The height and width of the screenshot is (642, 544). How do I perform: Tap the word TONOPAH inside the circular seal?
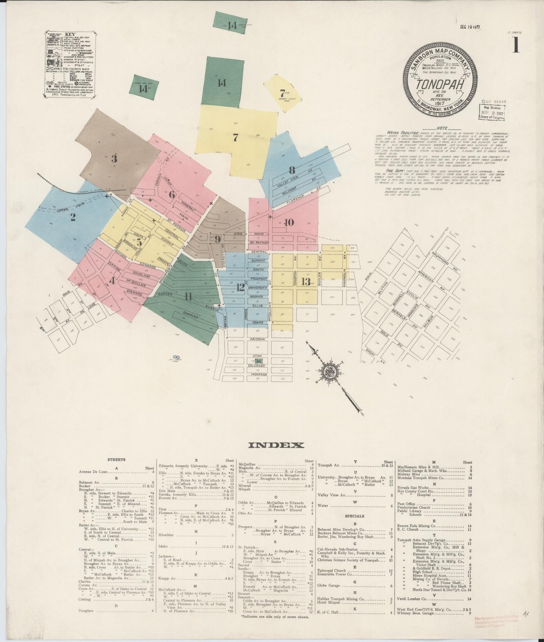point(439,84)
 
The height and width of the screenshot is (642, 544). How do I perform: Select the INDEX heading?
point(276,445)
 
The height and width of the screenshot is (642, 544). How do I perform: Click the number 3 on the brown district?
point(114,159)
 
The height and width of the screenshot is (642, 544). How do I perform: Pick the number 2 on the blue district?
point(73,217)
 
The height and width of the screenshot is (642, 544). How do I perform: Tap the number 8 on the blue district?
point(292,169)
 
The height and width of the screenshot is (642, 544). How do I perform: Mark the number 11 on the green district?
point(188,297)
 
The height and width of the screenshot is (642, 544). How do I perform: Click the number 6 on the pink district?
point(172,195)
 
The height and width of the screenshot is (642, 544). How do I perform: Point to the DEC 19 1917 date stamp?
point(472,27)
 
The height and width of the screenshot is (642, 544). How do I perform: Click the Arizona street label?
point(258,339)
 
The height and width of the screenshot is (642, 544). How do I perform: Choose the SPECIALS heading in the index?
point(354,516)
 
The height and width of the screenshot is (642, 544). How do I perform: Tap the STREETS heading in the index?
point(116,460)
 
